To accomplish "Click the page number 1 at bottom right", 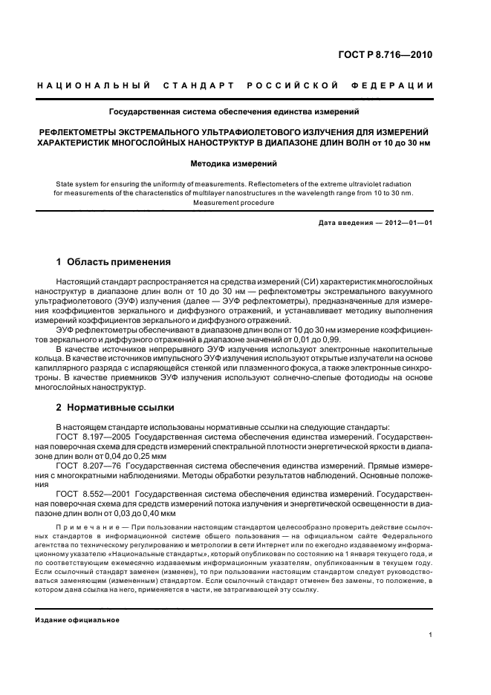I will point(431,635).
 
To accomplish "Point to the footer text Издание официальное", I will point(78,620).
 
